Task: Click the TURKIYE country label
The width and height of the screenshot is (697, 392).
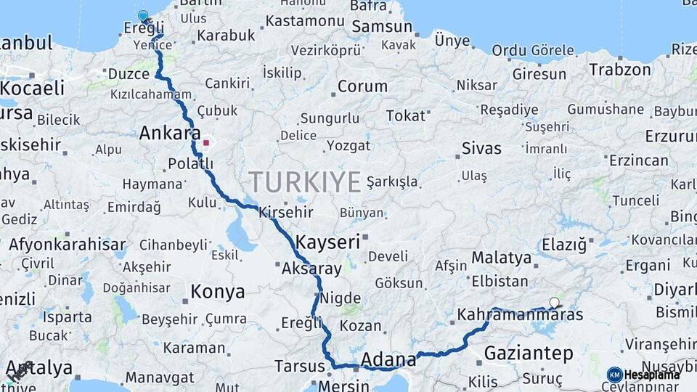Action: pyautogui.click(x=304, y=181)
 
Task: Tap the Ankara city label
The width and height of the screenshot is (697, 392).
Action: pyautogui.click(x=169, y=134)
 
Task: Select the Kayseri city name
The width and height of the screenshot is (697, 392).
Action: pyautogui.click(x=327, y=242)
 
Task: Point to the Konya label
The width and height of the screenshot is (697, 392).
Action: pyautogui.click(x=217, y=292)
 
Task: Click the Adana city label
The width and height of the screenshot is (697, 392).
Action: pyautogui.click(x=388, y=359)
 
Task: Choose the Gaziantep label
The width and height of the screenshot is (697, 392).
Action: pyautogui.click(x=528, y=354)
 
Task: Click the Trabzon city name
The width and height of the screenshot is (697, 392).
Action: pyautogui.click(x=620, y=70)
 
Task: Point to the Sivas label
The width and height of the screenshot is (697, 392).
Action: pyautogui.click(x=481, y=149)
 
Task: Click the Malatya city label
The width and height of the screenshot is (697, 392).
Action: pyautogui.click(x=502, y=257)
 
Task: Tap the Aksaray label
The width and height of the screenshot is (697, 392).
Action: pyautogui.click(x=311, y=269)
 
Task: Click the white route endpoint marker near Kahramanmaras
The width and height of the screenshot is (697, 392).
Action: pyautogui.click(x=555, y=302)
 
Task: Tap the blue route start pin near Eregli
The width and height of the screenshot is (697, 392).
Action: pyautogui.click(x=143, y=15)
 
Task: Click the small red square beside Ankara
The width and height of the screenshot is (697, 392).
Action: pyautogui.click(x=206, y=142)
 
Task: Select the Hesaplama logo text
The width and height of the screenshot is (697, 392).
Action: pyautogui.click(x=652, y=375)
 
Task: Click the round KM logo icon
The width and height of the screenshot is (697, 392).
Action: pyautogui.click(x=615, y=375)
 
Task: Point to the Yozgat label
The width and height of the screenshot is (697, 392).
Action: pyautogui.click(x=348, y=146)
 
